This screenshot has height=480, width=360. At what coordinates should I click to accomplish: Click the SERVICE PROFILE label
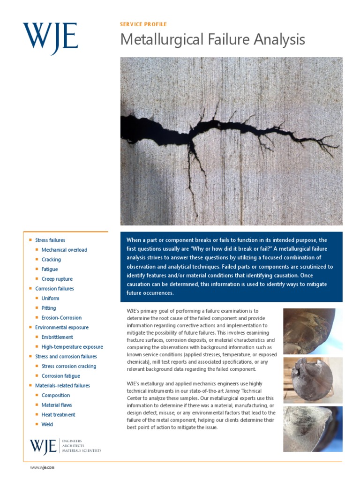[x=143, y=24]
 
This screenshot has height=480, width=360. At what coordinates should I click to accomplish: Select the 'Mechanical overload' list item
[x=64, y=250]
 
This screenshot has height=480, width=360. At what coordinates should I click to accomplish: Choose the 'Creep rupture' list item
[x=57, y=279]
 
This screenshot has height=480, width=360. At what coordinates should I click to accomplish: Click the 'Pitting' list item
[x=49, y=308]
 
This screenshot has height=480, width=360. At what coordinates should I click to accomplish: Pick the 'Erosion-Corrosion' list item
[x=61, y=318]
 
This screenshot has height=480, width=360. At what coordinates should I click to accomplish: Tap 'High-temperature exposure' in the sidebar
[x=72, y=347]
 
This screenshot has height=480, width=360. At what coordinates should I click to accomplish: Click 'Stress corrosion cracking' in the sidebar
[x=69, y=366]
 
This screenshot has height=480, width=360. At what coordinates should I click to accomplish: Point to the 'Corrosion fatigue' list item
[x=61, y=376]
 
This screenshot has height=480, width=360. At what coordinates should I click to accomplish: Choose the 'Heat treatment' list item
[x=58, y=415]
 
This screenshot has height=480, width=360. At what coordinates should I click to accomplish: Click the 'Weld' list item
[x=47, y=425]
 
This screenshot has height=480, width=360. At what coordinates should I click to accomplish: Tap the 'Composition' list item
[x=56, y=396]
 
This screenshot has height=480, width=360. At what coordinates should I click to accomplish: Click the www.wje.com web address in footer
[x=42, y=468]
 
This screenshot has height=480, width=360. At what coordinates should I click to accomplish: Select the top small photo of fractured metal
[x=313, y=331]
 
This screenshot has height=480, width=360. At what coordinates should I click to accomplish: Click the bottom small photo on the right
[x=313, y=429]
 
